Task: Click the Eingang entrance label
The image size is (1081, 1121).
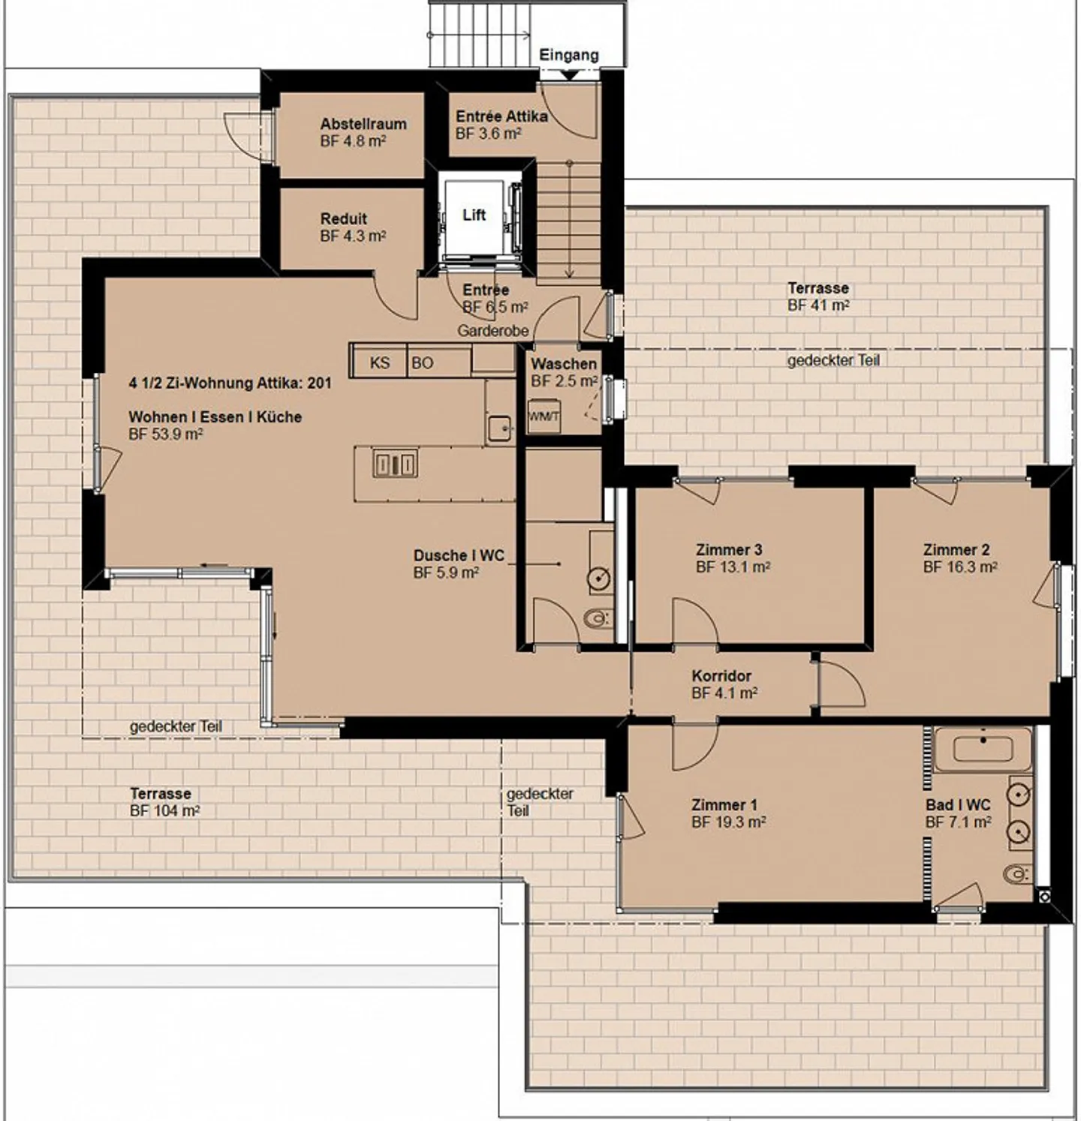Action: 568,55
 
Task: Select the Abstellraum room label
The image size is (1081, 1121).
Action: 363,124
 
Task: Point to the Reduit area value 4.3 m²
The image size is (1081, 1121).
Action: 353,236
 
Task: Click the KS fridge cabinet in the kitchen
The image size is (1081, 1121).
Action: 380,362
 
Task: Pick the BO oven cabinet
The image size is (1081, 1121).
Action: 422,362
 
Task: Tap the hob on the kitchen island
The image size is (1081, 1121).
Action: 395,465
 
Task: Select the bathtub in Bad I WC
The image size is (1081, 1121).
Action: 983,749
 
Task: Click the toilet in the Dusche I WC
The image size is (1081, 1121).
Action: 597,619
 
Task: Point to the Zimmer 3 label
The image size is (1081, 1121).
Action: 728,549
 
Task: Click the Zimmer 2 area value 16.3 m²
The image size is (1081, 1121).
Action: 960,567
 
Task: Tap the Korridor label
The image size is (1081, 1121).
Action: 721,675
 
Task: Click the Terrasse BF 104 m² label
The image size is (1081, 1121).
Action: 164,802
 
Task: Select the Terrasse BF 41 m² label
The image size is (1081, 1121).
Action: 818,296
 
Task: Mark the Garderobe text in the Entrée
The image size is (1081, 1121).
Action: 493,331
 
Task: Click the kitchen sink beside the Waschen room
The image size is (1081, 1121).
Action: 498,428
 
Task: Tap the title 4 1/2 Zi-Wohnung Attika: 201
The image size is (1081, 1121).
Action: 230,383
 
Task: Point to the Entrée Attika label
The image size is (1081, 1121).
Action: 501,116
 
